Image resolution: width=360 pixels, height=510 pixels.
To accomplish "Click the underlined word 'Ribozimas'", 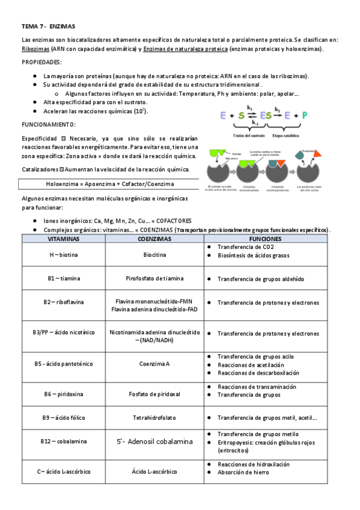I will [35, 49].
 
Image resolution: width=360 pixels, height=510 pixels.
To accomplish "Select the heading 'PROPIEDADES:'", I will [41, 62].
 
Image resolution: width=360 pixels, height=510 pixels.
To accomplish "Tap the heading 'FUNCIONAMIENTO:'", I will [48, 124].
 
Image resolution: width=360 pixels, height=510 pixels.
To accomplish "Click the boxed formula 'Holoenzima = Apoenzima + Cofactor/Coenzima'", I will [110, 183].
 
